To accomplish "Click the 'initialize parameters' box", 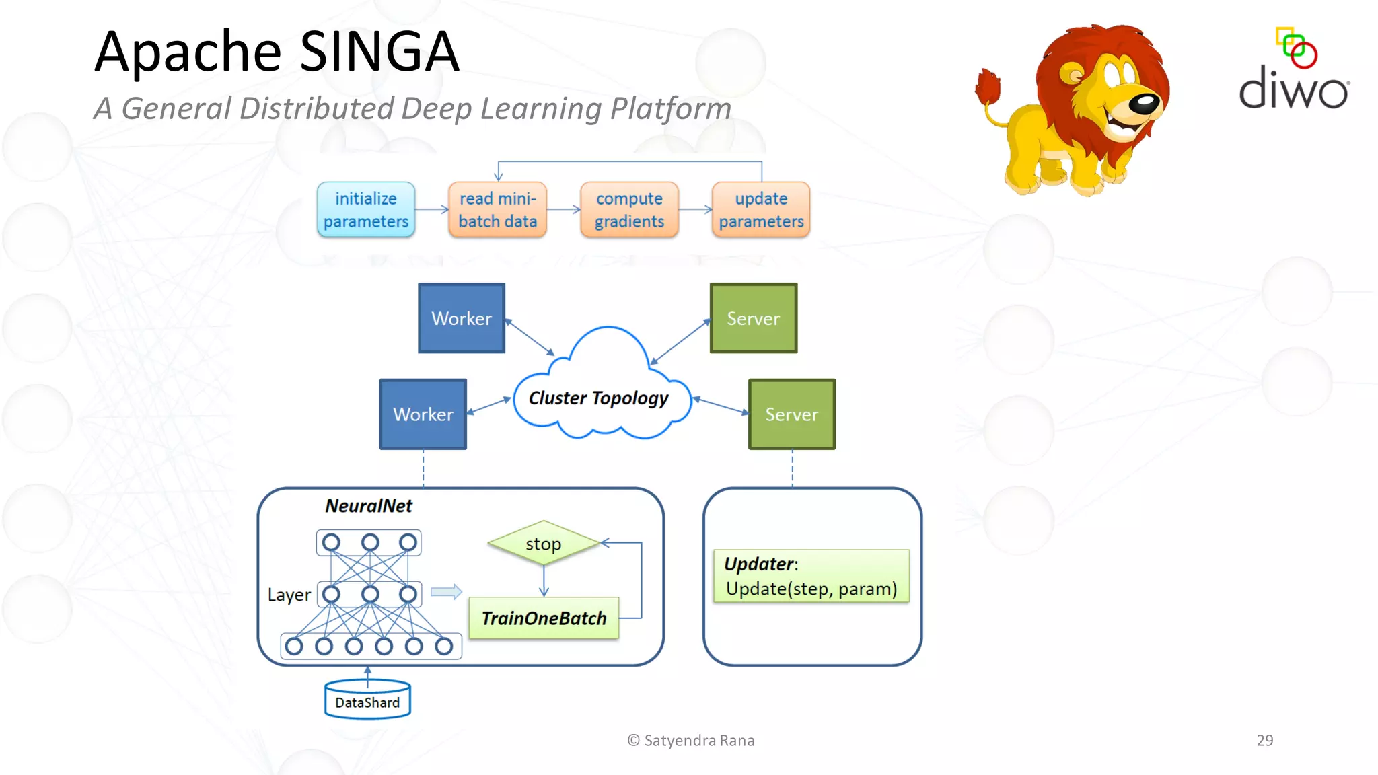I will (365, 209).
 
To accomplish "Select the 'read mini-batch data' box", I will (497, 209).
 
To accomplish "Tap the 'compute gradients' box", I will (629, 209).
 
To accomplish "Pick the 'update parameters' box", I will (761, 209).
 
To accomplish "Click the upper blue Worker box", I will (462, 318).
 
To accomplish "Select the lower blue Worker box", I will (423, 414).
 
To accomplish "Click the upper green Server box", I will (754, 318).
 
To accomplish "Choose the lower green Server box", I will (792, 414).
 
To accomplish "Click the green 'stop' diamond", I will (544, 543).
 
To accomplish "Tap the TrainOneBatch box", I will (544, 618).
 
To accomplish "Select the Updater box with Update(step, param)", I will (811, 576).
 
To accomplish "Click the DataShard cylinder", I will (367, 700).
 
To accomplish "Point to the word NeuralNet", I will (368, 506).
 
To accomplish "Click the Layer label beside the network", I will (289, 595).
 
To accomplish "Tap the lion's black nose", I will (1144, 103).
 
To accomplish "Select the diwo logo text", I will (1293, 88).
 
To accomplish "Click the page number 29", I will (1264, 740).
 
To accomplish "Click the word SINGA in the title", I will (379, 52).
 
